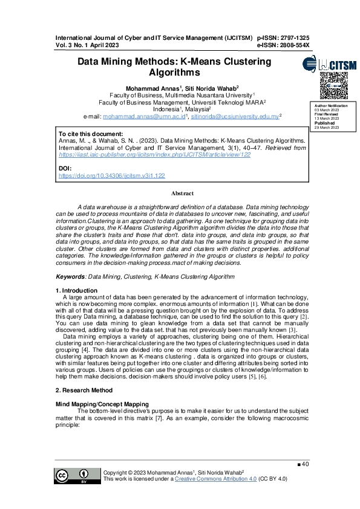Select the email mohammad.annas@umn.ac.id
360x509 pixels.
click(145, 116)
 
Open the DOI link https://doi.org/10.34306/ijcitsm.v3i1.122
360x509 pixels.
click(111, 175)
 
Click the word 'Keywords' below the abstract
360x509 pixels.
click(70, 276)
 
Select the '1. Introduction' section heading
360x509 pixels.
click(76, 291)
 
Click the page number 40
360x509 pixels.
click(305, 464)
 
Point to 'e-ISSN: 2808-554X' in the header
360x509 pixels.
click(283, 45)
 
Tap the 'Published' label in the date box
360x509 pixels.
click(324, 123)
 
